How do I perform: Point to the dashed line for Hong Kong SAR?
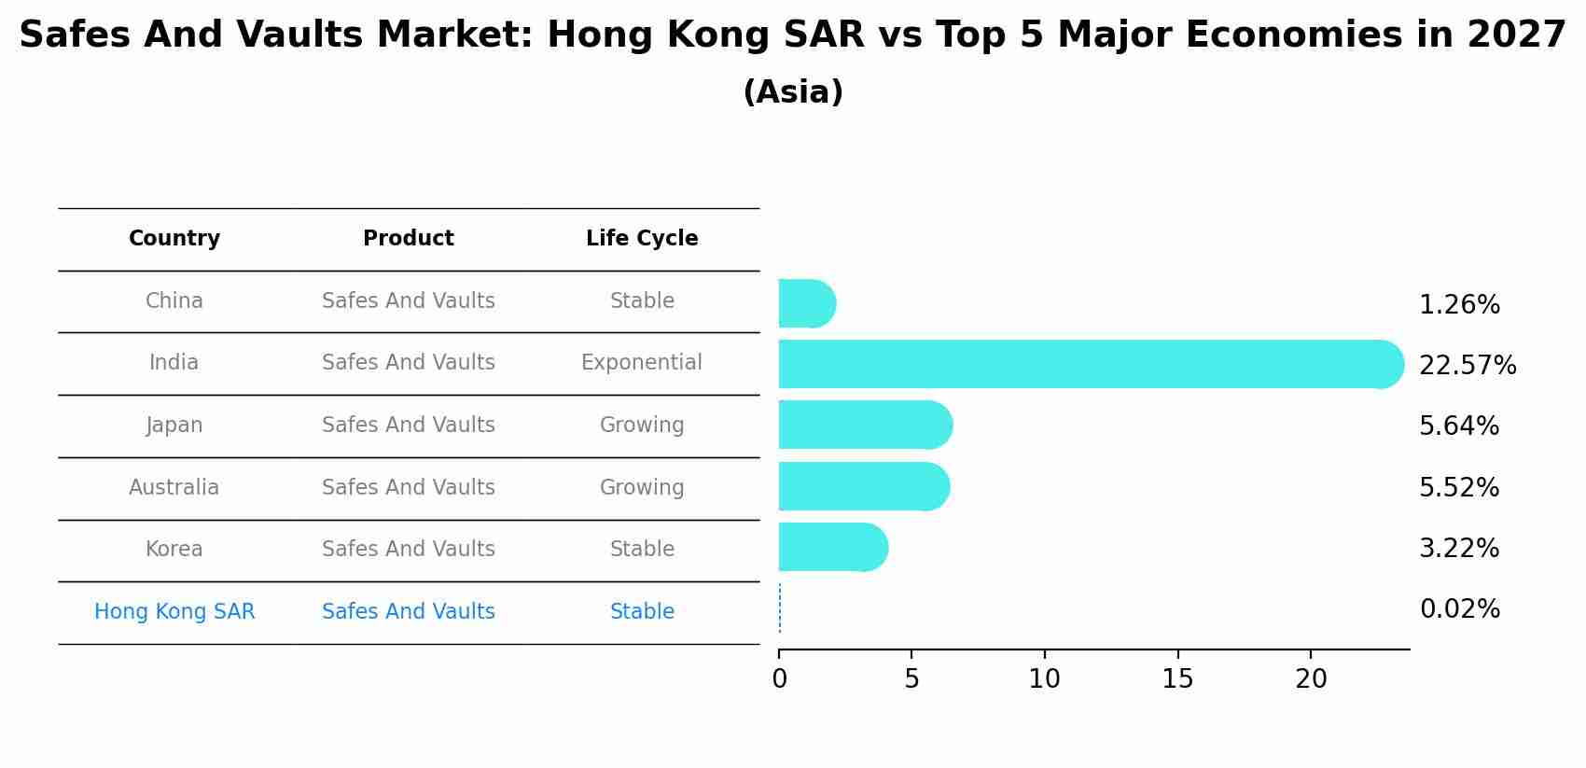pos(780,608)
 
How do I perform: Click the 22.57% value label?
pos(1467,366)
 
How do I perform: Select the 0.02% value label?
pos(1459,609)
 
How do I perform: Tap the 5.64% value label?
pos(1458,426)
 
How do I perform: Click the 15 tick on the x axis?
pos(1177,679)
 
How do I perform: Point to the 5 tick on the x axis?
pos(911,679)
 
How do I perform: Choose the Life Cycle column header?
pos(642,239)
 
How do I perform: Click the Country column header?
pos(174,239)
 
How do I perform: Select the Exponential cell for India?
pos(642,363)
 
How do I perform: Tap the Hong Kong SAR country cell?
pos(174,612)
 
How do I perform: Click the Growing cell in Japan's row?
pos(642,426)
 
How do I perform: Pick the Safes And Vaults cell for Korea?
pos(409,550)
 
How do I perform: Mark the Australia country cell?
pos(174,488)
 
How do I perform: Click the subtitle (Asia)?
pos(793,92)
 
